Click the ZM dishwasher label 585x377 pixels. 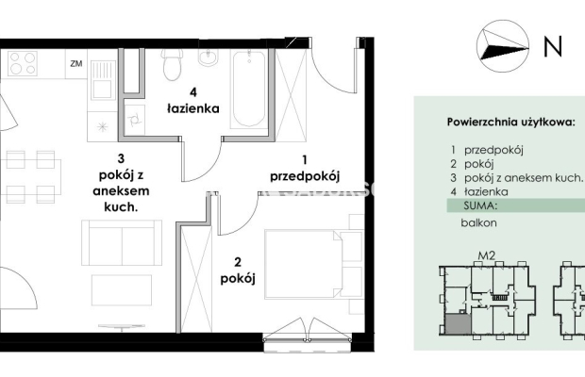[76, 64]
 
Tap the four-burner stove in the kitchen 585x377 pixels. [23, 63]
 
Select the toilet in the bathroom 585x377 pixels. [172, 64]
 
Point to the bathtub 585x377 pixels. [249, 89]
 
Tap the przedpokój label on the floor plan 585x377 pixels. [305, 176]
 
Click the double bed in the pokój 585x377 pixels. [313, 264]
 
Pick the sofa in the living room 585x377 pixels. [122, 242]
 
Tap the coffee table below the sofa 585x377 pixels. [122, 290]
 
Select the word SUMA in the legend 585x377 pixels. [481, 205]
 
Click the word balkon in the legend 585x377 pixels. [478, 222]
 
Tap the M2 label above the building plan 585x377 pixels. [487, 255]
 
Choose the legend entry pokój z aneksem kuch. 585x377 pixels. [523, 178]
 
